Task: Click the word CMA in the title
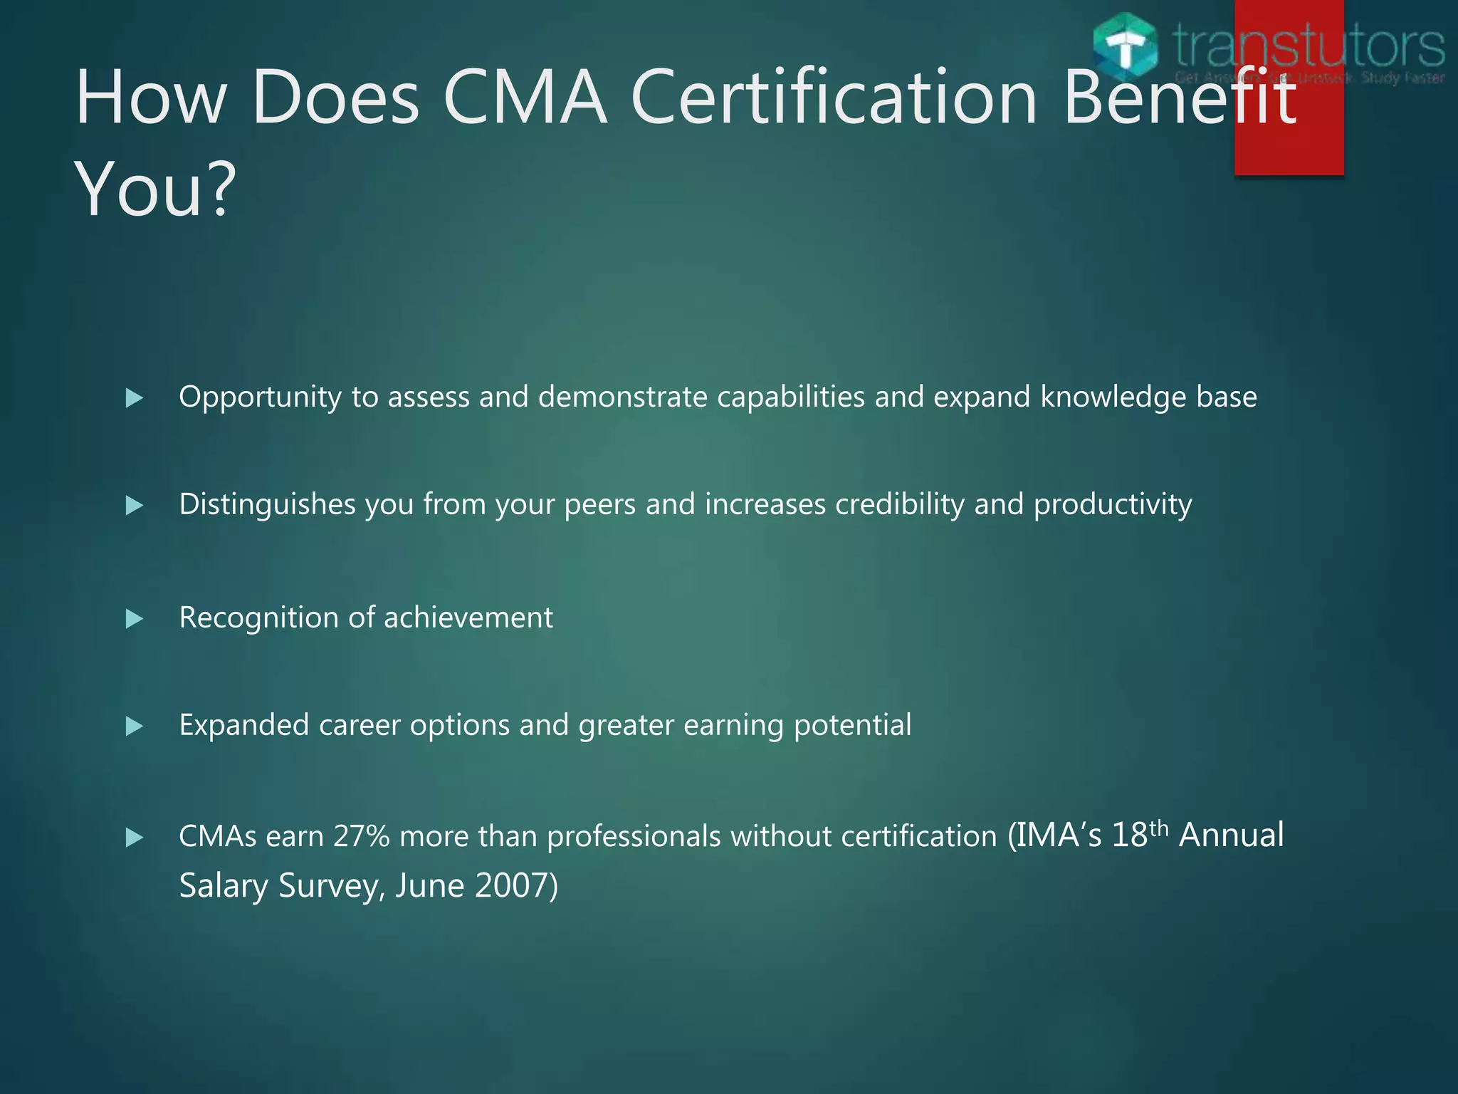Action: tap(525, 98)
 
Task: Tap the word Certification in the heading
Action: tap(834, 98)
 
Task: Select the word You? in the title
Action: tap(154, 189)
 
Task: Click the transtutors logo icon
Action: tap(1125, 44)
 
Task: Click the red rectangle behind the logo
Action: tap(1289, 142)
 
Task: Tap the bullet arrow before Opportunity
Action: tap(134, 397)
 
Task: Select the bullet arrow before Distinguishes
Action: tap(134, 506)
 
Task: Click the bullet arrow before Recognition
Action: tap(134, 618)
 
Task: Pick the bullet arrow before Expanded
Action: tap(134, 726)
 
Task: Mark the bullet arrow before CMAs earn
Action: tap(134, 837)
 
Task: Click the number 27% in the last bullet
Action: tap(361, 836)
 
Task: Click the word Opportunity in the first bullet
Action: tap(260, 397)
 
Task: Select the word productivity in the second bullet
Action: tap(1113, 505)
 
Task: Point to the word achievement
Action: tap(468, 618)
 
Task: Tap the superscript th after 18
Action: tap(1159, 828)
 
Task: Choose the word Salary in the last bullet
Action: tap(223, 886)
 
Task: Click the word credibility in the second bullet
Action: tap(899, 505)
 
